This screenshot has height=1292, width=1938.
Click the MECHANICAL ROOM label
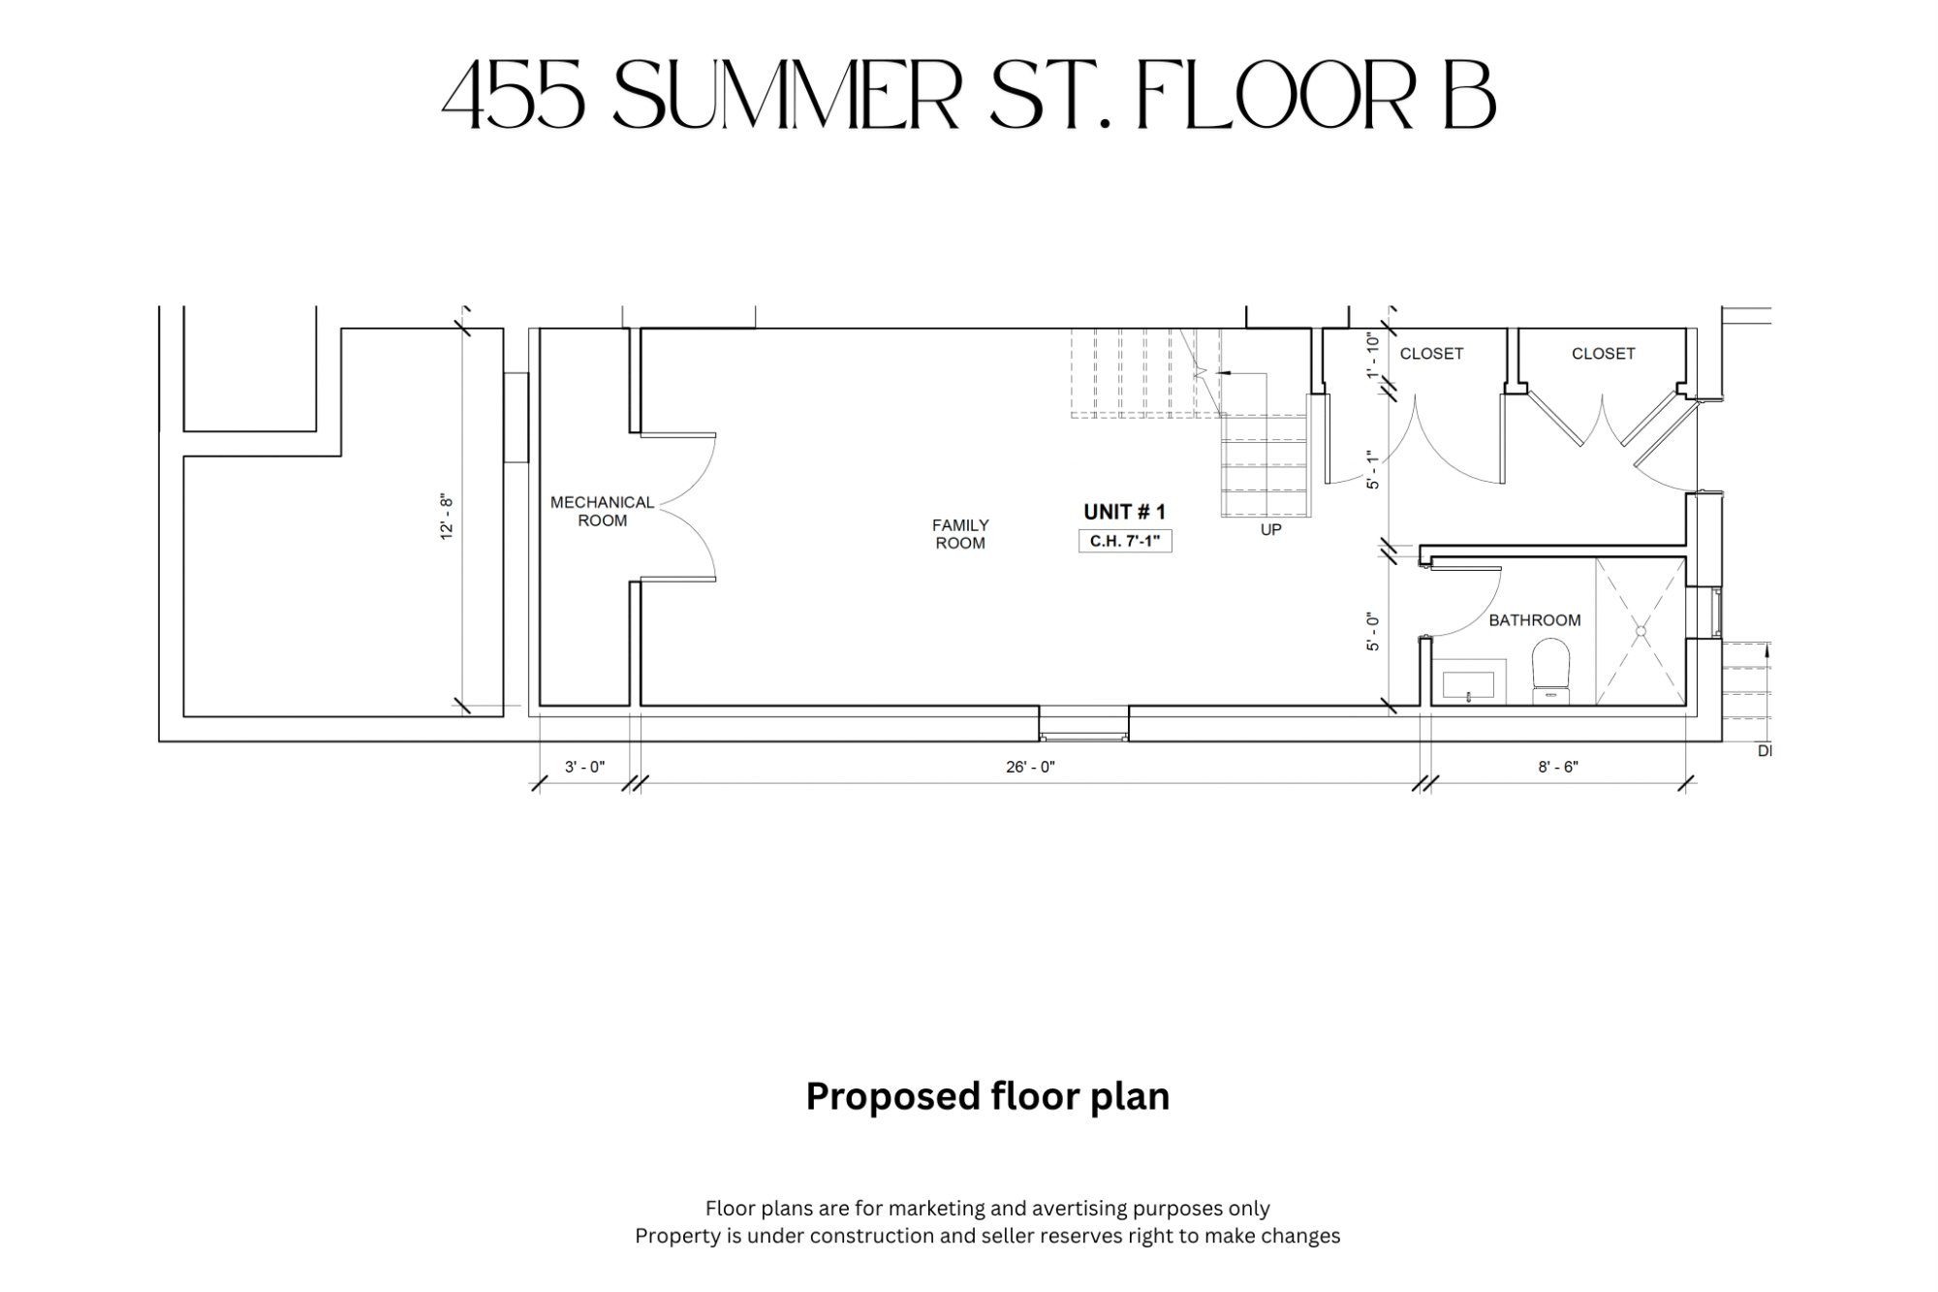[x=602, y=512]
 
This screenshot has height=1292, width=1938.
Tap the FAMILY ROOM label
[x=960, y=534]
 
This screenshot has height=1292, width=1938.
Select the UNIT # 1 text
[x=1124, y=512]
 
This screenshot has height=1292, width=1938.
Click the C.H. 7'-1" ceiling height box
[x=1125, y=541]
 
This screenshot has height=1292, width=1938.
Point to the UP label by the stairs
[x=1270, y=530]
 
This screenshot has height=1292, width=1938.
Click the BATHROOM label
[x=1535, y=620]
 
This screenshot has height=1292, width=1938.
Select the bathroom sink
[x=1469, y=682]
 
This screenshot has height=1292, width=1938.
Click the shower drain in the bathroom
[x=1641, y=632]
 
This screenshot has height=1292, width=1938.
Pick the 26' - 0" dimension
[x=1030, y=767]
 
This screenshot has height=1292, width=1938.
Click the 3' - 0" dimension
[x=584, y=767]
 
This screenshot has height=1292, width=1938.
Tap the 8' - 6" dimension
[x=1558, y=767]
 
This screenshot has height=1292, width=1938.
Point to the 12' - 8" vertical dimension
[x=447, y=518]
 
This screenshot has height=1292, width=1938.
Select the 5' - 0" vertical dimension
[x=1372, y=632]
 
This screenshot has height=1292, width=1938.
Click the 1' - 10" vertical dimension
[x=1372, y=356]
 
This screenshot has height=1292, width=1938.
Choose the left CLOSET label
[x=1431, y=354]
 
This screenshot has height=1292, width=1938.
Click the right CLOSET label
[x=1603, y=354]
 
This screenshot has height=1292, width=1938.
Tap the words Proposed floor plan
[x=987, y=1097]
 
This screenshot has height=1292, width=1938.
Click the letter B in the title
[x=1470, y=95]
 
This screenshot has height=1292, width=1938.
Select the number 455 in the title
[x=514, y=95]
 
